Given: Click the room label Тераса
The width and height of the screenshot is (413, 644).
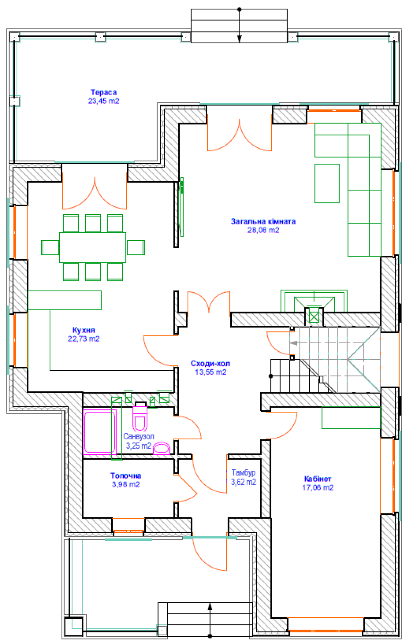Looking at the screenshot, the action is tap(104, 92).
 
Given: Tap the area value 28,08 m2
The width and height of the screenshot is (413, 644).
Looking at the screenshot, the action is tap(263, 230).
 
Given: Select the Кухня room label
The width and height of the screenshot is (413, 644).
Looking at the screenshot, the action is tap(83, 330).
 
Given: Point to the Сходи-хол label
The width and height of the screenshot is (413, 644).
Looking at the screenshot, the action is tap(210, 363).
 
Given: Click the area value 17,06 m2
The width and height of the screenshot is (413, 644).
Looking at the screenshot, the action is tap(318, 487).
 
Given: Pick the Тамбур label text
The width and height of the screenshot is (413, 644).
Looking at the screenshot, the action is tap(244, 473).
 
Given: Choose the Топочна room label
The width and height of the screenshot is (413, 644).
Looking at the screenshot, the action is tap(126, 476).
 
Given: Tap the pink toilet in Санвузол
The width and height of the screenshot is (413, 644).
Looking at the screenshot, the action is tap(140, 418).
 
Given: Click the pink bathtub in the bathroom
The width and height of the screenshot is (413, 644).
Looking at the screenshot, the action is tap(100, 432).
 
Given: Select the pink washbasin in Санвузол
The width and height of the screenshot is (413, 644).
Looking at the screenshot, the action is tap(161, 449).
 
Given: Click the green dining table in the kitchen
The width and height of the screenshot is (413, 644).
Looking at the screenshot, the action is tap(93, 247).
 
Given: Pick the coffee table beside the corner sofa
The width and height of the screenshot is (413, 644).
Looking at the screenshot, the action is tap(327, 184).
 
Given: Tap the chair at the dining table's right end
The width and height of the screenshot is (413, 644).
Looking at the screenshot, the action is tap(135, 248).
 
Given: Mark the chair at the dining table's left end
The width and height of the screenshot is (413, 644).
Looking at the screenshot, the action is tap(50, 248).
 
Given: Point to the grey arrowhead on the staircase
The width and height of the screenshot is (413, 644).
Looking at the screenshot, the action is tap(294, 343).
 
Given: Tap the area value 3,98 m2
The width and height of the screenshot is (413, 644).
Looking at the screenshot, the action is tap(126, 484).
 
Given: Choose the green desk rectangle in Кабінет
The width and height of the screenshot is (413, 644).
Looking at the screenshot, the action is tap(351, 418).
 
